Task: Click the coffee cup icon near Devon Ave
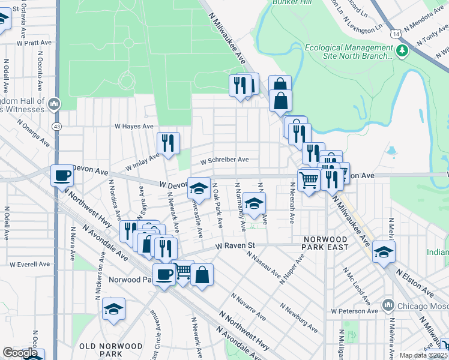click(x=62, y=176)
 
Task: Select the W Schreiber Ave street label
click(x=224, y=160)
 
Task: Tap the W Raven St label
click(x=236, y=245)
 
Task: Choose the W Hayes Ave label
click(x=134, y=127)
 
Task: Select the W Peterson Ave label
click(x=354, y=311)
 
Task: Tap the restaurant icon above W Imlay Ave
click(x=168, y=143)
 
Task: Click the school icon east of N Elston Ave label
click(x=384, y=252)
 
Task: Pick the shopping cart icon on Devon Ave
click(x=309, y=179)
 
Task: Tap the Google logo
click(x=20, y=353)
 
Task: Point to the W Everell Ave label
click(x=29, y=264)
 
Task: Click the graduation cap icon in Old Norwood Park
click(x=113, y=309)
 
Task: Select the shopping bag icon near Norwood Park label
click(x=202, y=275)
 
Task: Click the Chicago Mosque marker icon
click(x=387, y=306)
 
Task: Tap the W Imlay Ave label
click(x=142, y=161)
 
